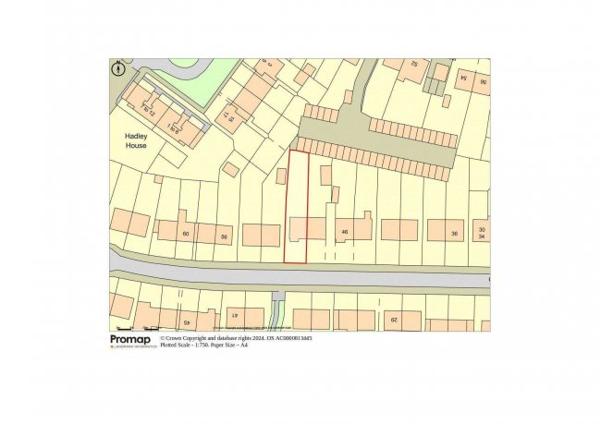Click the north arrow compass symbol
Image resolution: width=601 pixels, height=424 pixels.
tap(118, 67)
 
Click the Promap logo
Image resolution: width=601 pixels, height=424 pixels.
tap(129, 341)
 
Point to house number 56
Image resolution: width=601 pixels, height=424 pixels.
tap(223, 237)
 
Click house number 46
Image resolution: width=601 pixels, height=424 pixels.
tap(344, 231)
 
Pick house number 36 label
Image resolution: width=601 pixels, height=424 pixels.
tap(454, 234)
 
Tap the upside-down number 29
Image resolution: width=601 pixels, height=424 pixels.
tap(391, 321)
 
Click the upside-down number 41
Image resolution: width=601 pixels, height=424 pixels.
tap(235, 317)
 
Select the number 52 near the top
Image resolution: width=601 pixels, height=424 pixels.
tap(415, 64)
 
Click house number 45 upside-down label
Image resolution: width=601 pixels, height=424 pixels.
tap(184, 323)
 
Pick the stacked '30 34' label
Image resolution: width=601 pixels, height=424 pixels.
tap(481, 231)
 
